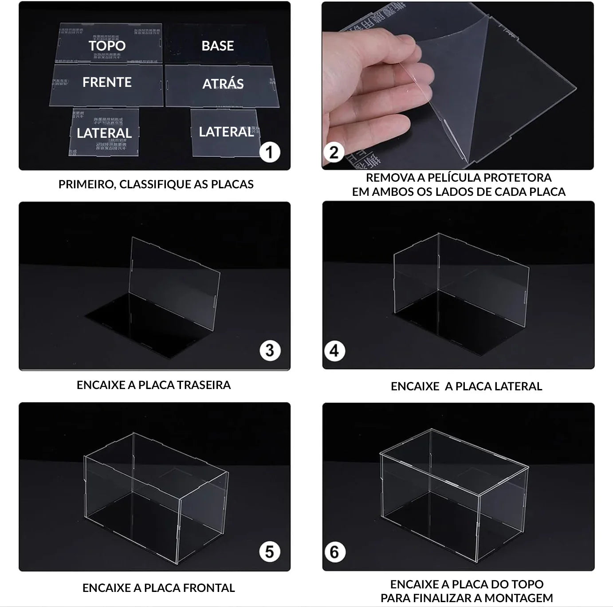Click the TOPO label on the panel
107,46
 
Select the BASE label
217,46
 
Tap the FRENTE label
107,82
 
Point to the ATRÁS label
223,84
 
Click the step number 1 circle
269,152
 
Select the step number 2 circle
334,152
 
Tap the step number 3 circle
270,351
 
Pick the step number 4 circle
334,351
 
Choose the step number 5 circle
270,552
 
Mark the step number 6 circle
334,552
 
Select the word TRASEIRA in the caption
206,385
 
